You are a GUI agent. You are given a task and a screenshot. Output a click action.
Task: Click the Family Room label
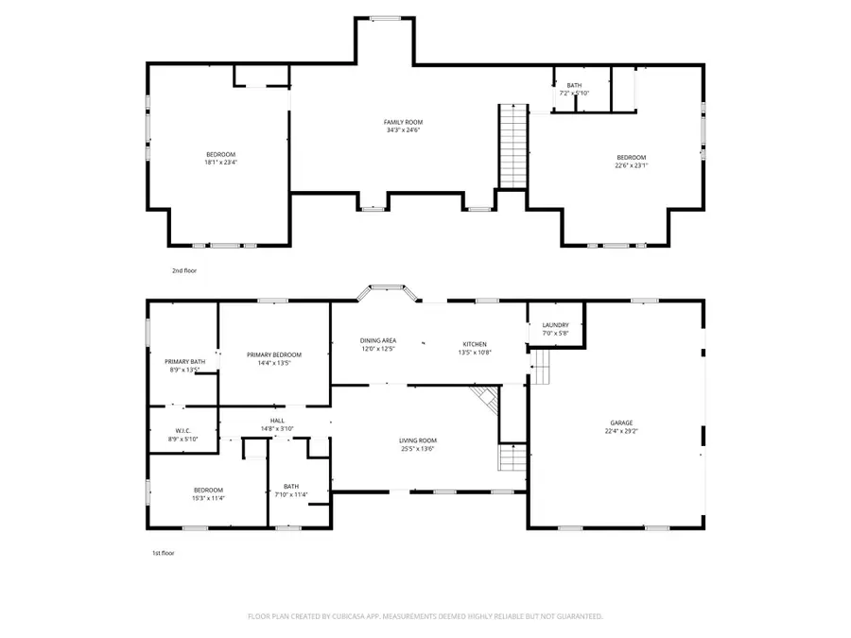[403, 122]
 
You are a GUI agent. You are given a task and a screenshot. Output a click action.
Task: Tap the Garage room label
[621, 422]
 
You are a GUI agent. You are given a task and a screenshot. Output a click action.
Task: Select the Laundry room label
[555, 325]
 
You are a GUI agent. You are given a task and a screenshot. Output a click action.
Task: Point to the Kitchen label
[474, 342]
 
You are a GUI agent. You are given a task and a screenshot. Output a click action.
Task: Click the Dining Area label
[377, 340]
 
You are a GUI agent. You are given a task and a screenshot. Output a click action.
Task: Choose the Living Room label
[417, 440]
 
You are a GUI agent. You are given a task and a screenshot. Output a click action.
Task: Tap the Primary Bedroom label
[274, 354]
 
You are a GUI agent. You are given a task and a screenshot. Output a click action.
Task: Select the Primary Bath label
[184, 361]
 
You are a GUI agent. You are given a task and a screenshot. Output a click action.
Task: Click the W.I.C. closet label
[183, 432]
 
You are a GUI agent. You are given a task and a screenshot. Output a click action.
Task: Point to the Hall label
[277, 421]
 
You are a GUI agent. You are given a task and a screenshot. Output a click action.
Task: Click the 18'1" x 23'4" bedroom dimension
[220, 163]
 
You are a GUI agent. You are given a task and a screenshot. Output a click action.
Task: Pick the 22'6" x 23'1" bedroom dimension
[632, 165]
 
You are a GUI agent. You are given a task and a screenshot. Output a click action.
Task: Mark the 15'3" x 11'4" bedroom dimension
[209, 498]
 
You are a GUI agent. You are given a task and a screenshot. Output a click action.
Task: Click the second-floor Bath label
[574, 85]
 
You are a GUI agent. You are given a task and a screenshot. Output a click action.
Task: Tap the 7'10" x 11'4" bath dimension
[290, 494]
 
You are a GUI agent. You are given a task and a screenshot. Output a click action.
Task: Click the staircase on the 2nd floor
[512, 147]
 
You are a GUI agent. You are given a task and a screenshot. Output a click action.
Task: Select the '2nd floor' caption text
[183, 270]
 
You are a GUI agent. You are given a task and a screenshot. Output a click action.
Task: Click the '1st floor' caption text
[164, 553]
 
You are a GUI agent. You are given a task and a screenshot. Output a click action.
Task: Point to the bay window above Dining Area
[386, 289]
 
